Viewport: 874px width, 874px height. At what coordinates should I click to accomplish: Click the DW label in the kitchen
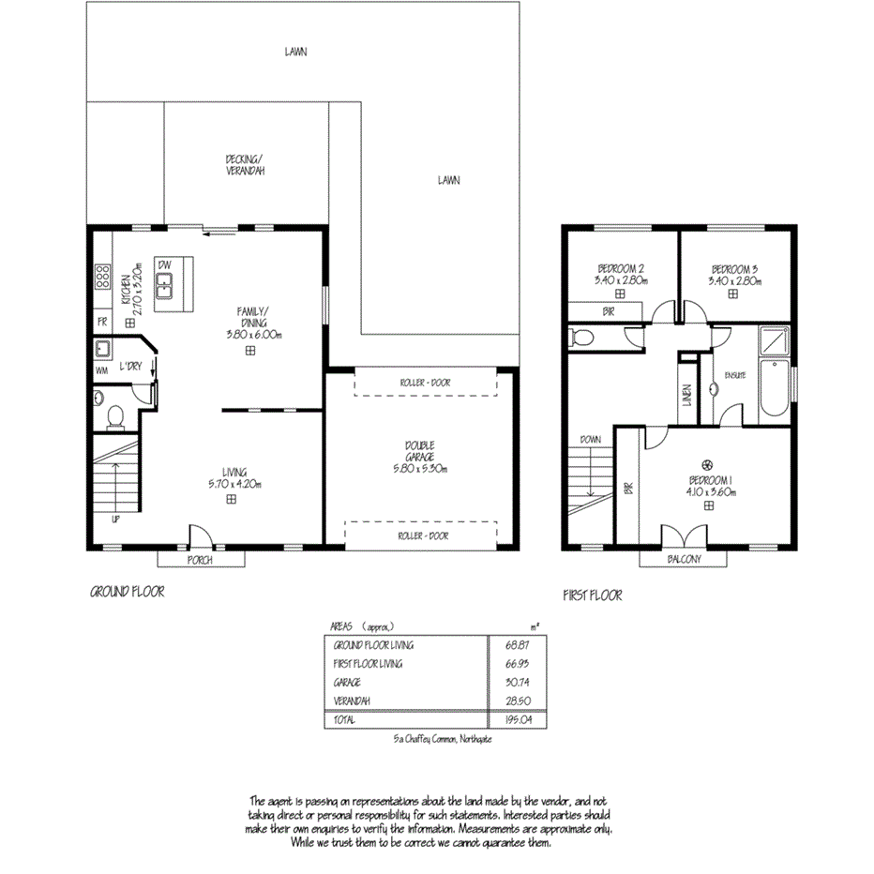click(x=163, y=264)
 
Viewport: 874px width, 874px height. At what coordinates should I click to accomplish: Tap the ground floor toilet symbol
click(x=113, y=414)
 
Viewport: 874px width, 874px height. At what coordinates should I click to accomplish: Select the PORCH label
click(x=200, y=560)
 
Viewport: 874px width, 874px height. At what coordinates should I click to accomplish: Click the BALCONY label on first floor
click(x=684, y=560)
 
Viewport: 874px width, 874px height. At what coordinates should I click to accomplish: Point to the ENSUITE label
click(x=734, y=376)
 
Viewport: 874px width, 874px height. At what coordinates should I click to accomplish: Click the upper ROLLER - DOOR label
click(x=425, y=383)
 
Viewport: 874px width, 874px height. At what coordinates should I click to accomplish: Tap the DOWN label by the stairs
click(x=591, y=439)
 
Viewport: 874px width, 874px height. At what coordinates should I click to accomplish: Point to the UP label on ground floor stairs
click(x=115, y=519)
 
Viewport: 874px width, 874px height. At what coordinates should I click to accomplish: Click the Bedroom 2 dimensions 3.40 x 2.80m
click(x=620, y=279)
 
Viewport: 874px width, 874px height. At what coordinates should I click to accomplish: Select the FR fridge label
click(x=101, y=322)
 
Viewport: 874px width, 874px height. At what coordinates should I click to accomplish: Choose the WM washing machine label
click(x=101, y=371)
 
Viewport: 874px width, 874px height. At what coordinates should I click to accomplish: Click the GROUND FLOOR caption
click(x=128, y=592)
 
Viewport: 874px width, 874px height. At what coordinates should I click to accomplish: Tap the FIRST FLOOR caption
click(x=592, y=595)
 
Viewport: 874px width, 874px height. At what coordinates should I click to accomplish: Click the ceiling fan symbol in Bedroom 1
click(x=708, y=465)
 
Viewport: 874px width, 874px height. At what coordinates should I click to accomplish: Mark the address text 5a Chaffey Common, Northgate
click(x=444, y=740)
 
